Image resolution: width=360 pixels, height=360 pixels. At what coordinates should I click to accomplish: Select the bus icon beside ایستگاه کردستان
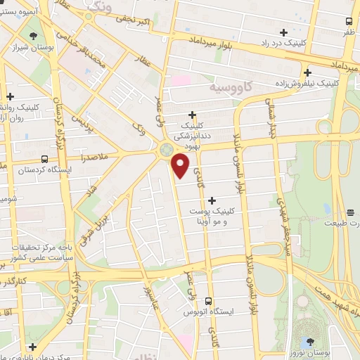(x=46, y=160)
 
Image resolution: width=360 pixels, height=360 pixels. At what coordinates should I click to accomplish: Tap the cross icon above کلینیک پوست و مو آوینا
(x=212, y=200)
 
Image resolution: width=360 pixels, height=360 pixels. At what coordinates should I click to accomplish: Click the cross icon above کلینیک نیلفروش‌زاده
(x=307, y=72)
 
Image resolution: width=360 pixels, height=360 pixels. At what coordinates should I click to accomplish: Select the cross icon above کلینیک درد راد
(x=283, y=32)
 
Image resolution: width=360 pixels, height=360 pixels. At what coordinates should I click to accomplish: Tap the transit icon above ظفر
(x=349, y=22)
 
